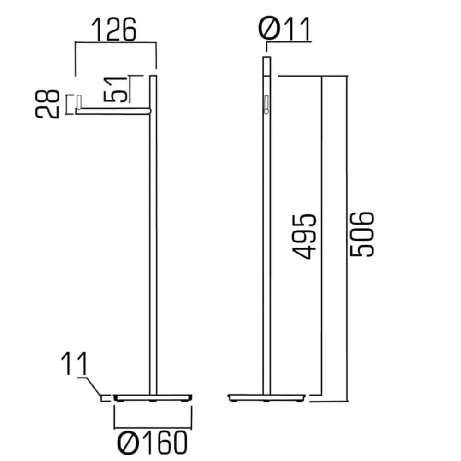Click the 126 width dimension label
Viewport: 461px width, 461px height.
point(114,30)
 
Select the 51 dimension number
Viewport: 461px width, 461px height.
point(116,89)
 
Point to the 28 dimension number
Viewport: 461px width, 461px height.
point(47,104)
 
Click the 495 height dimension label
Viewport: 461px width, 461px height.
point(304,237)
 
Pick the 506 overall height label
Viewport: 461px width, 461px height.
point(362,234)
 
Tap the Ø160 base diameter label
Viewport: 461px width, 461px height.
point(152,443)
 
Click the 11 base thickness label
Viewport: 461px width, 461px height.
point(74,364)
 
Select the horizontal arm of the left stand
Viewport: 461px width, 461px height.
point(113,111)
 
